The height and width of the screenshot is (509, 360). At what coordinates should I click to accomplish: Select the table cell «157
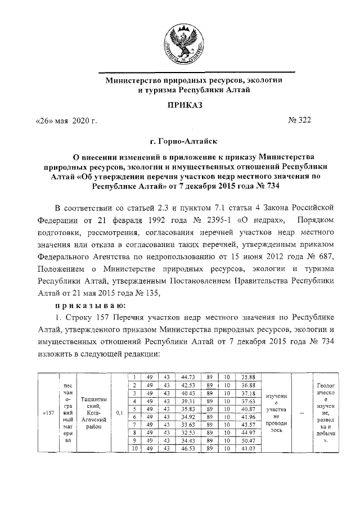(48, 413)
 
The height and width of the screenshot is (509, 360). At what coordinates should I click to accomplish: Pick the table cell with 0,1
(119, 413)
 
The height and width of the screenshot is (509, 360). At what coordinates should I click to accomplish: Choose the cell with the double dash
(303, 413)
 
